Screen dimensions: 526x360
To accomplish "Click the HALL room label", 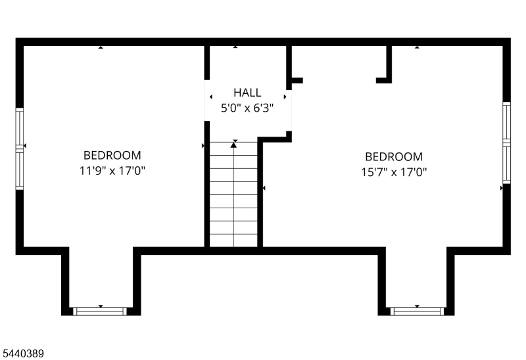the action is coord(247,92).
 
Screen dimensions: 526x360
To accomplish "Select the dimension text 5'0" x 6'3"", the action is coord(247,108).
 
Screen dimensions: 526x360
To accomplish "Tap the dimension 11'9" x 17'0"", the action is coord(112,171).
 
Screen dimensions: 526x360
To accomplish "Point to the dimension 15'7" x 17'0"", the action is coord(394,172).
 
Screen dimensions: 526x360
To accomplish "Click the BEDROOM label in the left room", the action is coord(112,155).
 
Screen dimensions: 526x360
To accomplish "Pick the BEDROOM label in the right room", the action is coord(394,156).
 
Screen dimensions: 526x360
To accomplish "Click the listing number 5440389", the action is coord(23,353).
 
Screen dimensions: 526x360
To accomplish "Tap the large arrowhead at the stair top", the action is coord(234,145).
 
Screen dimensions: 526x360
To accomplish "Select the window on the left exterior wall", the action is coord(20,149).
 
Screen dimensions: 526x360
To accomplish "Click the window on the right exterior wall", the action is coord(506,143).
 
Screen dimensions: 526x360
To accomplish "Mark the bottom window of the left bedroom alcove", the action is coord(100,311).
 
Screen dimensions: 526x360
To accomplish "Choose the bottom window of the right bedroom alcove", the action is coord(418,311).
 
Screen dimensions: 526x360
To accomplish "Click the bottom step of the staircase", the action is coord(234,240).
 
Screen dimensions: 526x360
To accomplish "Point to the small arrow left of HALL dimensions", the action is coord(211,97).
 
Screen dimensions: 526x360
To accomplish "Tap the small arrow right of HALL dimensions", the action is coord(285,97).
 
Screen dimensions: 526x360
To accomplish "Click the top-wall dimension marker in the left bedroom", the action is coord(101,47).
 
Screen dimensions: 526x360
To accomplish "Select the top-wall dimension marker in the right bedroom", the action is coord(417,47).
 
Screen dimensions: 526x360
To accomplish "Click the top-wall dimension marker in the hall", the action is coord(235,47).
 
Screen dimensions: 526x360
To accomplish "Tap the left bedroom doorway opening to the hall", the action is coord(207,101).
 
